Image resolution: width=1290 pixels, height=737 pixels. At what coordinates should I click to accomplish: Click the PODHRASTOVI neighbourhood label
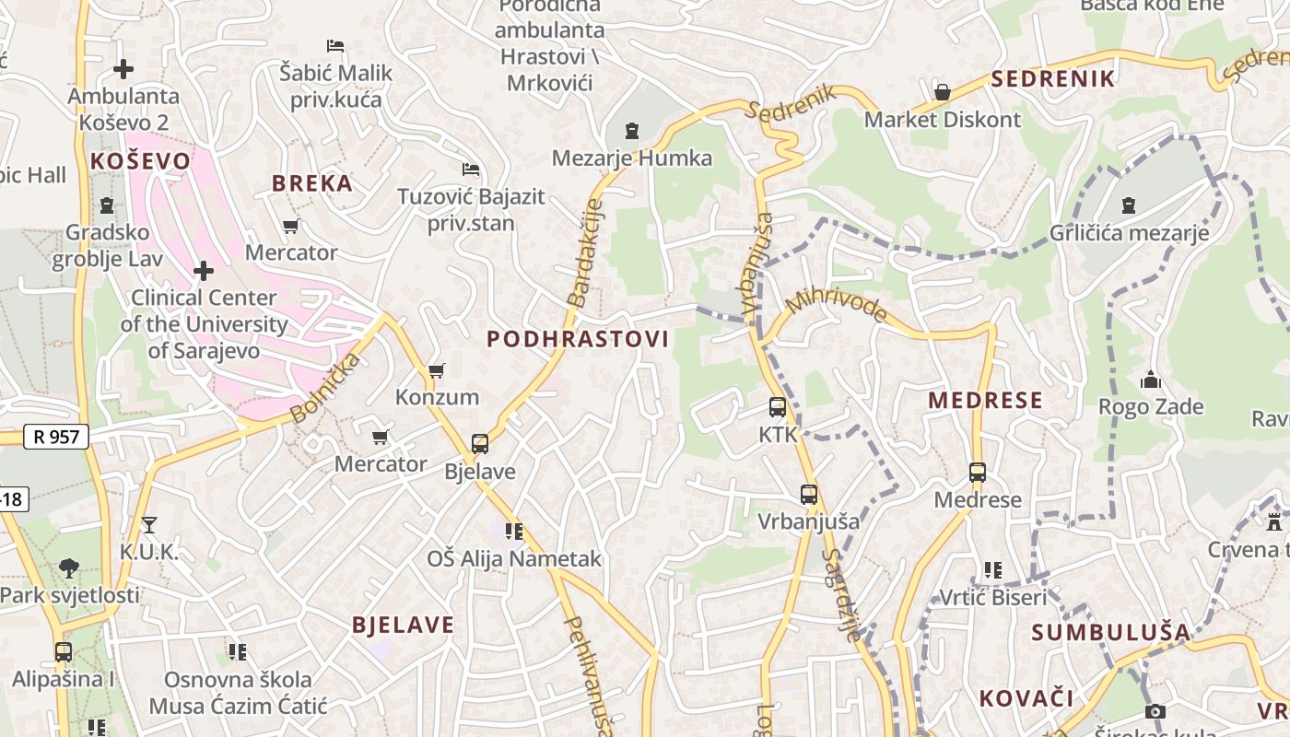(x=578, y=339)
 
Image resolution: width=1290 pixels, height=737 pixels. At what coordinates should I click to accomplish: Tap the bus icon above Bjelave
(x=480, y=444)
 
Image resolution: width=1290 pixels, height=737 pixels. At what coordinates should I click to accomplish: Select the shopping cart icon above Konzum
(x=437, y=370)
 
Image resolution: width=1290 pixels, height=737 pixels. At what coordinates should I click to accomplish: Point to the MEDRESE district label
(x=985, y=400)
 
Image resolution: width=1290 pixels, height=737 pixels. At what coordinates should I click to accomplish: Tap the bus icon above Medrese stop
(x=978, y=473)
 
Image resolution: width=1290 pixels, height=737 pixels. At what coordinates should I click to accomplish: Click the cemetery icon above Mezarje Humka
(x=632, y=131)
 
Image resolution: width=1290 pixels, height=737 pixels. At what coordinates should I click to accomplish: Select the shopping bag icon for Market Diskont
(x=943, y=92)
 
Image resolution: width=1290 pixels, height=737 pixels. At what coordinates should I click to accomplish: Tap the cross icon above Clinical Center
(x=204, y=271)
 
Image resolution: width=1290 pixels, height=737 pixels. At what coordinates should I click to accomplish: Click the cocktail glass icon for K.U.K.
(x=149, y=525)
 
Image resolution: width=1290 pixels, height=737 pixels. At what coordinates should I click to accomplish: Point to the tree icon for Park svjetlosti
(x=69, y=567)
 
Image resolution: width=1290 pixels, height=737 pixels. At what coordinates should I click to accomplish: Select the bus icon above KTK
(x=778, y=407)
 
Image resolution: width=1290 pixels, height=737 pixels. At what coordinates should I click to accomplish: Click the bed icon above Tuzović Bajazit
(x=471, y=170)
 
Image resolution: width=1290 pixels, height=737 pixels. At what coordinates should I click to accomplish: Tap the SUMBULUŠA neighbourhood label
(x=1110, y=632)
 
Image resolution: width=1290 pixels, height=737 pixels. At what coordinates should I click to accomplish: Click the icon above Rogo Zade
(x=1151, y=380)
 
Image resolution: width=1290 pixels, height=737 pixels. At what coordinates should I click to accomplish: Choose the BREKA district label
(x=312, y=182)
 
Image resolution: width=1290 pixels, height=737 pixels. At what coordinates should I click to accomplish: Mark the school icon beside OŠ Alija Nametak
(x=514, y=531)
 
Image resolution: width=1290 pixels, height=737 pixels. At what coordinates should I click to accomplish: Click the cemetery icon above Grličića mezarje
(x=1129, y=205)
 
